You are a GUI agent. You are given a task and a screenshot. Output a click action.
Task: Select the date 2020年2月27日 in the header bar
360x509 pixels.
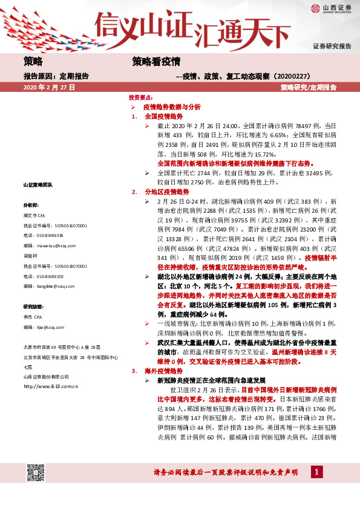[49, 88]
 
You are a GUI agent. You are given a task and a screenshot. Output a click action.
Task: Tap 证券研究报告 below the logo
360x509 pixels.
[332, 46]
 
